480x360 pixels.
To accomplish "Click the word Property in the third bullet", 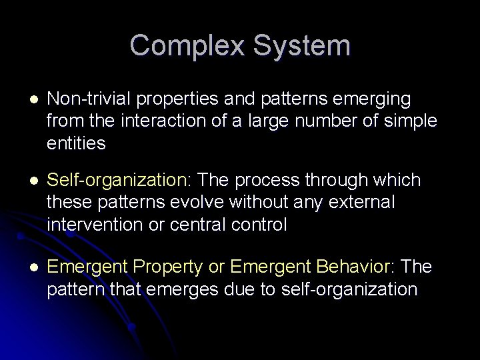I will tap(173, 267).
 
